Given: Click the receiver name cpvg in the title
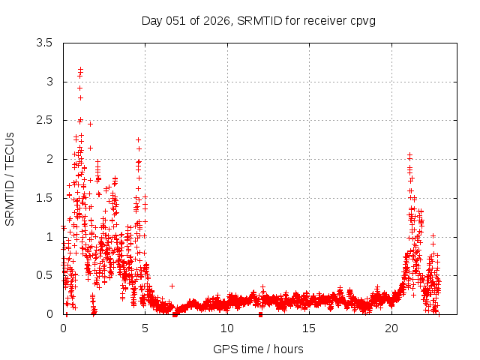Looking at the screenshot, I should (x=362, y=20).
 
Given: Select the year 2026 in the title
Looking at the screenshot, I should (x=217, y=20).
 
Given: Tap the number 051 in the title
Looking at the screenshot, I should (x=175, y=20).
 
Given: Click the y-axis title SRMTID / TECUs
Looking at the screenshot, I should (x=10, y=178).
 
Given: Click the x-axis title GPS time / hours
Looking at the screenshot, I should (x=258, y=349).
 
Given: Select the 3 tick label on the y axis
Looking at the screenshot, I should (x=49, y=82).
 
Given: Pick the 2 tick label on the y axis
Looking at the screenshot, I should (x=49, y=159).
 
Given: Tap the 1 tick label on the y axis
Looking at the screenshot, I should (x=49, y=237).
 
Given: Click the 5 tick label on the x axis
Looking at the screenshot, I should (x=145, y=328).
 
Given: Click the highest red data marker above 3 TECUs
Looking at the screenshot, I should (x=80, y=69).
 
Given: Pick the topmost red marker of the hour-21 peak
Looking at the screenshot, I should (x=409, y=154).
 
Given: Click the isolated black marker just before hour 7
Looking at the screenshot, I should (x=172, y=286).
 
